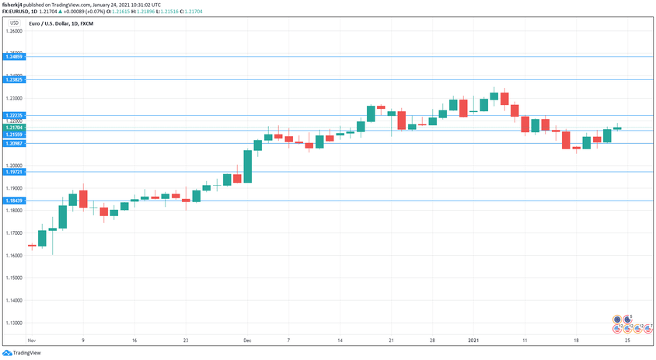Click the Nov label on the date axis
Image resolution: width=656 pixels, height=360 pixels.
pos(31,341)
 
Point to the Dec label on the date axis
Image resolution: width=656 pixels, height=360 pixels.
pos(247,341)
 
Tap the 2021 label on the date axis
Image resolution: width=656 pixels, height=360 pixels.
pos(473,341)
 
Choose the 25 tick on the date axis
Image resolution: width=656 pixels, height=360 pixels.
pos(626,341)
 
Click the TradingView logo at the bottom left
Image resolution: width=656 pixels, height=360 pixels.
pos(23,353)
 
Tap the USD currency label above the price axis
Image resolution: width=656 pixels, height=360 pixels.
pos(12,23)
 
